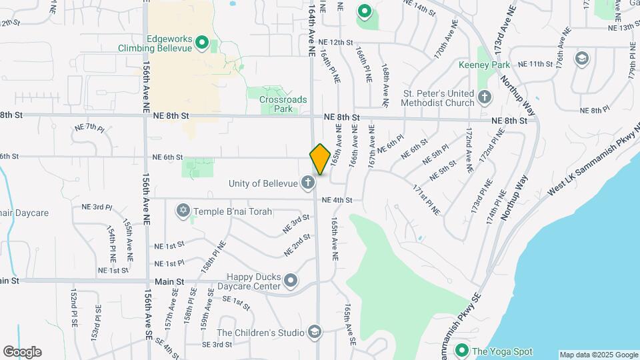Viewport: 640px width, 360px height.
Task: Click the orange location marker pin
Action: point(320,159)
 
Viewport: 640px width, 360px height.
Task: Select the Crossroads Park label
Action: point(283,104)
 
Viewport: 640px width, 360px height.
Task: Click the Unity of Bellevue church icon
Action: point(307,182)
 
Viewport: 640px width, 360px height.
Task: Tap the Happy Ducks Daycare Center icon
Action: point(291,281)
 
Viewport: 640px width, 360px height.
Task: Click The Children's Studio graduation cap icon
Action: point(314,332)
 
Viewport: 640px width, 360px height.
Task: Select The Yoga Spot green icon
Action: point(461,350)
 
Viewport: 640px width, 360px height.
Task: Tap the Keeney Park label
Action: point(484,65)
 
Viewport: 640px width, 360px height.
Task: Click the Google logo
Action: point(21,352)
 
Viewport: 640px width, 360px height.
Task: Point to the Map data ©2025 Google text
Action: point(598,355)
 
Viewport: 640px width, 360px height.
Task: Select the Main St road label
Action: point(10,281)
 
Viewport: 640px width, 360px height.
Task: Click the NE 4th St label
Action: point(336,200)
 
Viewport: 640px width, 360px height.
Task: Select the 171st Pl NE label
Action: point(427,199)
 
